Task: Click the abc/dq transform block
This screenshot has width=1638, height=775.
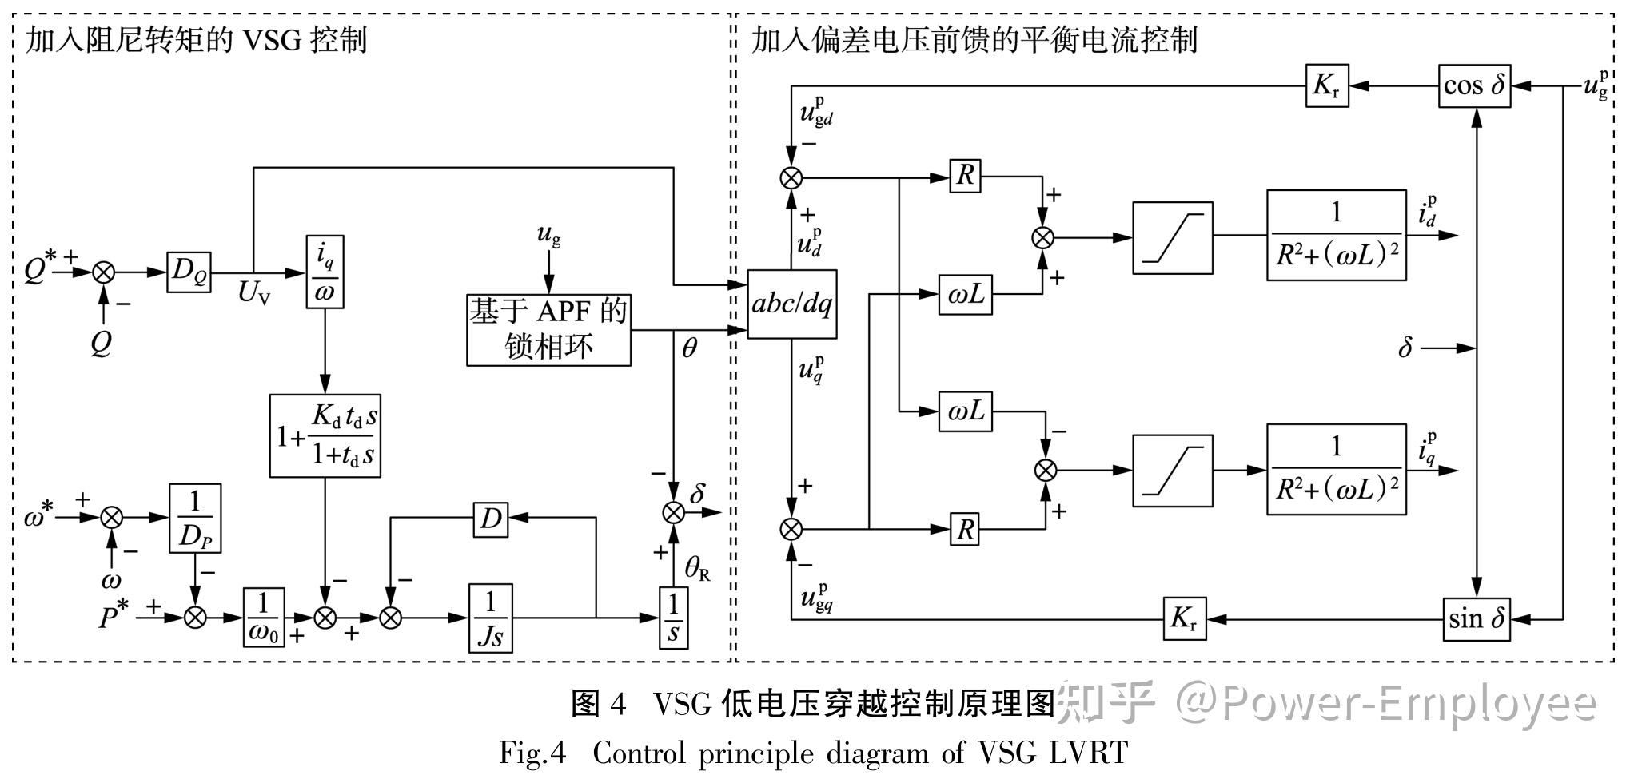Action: [x=791, y=304]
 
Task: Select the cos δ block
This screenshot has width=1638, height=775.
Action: [x=1475, y=86]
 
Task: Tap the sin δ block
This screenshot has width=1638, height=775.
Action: [x=1476, y=618]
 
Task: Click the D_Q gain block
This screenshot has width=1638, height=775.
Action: [x=189, y=272]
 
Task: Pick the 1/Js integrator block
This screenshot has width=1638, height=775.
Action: [x=490, y=618]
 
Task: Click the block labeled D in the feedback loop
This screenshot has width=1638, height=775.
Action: [x=490, y=519]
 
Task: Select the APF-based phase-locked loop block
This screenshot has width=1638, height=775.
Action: [x=548, y=329]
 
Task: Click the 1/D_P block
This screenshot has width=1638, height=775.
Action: [x=195, y=518]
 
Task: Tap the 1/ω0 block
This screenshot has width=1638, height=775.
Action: [x=265, y=618]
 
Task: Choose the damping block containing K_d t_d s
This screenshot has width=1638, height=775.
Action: [x=325, y=435]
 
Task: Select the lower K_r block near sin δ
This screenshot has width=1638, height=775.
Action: [x=1184, y=618]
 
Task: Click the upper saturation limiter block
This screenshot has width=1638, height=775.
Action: [x=1172, y=237]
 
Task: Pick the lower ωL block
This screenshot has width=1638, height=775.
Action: [x=965, y=411]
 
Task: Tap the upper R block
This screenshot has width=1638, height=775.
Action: [x=965, y=176]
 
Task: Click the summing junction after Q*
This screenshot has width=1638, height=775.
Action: [x=103, y=272]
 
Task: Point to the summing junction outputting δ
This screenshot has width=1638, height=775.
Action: [x=674, y=512]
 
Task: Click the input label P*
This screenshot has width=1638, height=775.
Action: [x=114, y=616]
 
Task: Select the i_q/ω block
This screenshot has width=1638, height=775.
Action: [x=325, y=272]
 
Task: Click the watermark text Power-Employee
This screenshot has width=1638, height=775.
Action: [x=1407, y=703]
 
